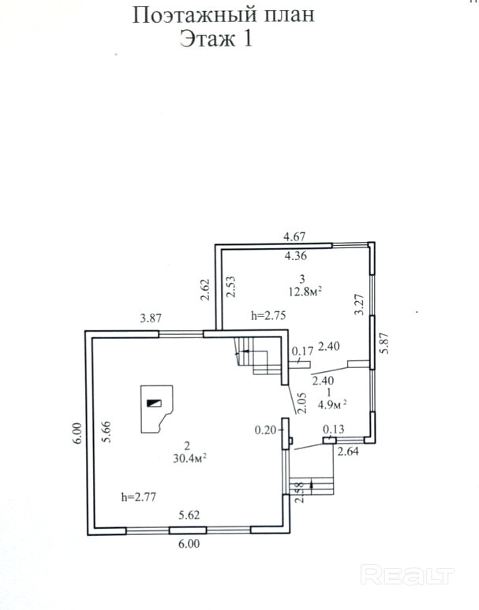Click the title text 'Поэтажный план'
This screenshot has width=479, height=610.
pyautogui.click(x=223, y=14)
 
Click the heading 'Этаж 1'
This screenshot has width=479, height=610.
pyautogui.click(x=216, y=39)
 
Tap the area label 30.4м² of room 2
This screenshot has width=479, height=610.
pyautogui.click(x=189, y=456)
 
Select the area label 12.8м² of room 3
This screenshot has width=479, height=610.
pyautogui.click(x=304, y=291)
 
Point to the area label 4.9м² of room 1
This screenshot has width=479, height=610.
pyautogui.click(x=332, y=405)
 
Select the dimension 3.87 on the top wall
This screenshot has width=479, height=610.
pyautogui.click(x=151, y=318)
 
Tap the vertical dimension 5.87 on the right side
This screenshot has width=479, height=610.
pyautogui.click(x=385, y=344)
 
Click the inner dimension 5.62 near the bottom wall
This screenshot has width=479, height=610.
pyautogui.click(x=189, y=516)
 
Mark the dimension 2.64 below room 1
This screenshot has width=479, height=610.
pyautogui.click(x=348, y=452)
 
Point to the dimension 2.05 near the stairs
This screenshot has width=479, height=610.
pyautogui.click(x=301, y=404)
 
